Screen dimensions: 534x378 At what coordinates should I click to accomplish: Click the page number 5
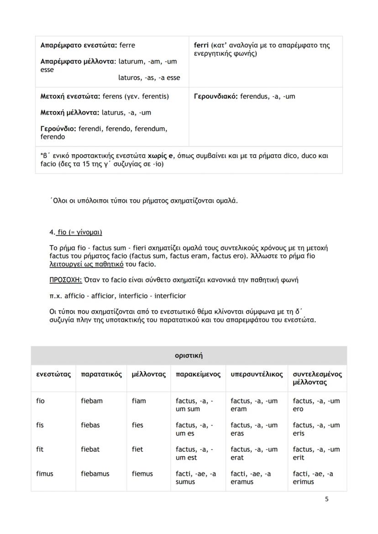(x=326, y=499)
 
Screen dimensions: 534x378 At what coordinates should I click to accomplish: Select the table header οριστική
(x=189, y=355)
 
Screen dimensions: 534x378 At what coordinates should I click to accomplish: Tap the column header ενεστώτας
(x=53, y=374)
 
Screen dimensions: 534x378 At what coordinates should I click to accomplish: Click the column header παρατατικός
(x=101, y=374)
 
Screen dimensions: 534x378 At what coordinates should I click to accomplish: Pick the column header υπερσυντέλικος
(x=257, y=374)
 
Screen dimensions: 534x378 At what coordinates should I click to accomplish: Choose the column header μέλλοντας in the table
(x=148, y=374)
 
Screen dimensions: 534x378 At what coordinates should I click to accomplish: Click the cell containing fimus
(x=45, y=474)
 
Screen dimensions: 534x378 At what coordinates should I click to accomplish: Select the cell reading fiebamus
(x=95, y=474)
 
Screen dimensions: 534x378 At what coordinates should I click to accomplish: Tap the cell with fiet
(x=137, y=449)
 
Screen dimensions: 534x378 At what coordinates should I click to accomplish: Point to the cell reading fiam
(x=139, y=401)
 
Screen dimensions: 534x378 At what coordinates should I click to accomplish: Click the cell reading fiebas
(x=90, y=425)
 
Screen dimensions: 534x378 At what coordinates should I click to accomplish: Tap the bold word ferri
(x=201, y=46)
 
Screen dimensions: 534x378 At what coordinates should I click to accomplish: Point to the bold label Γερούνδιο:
(x=58, y=129)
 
